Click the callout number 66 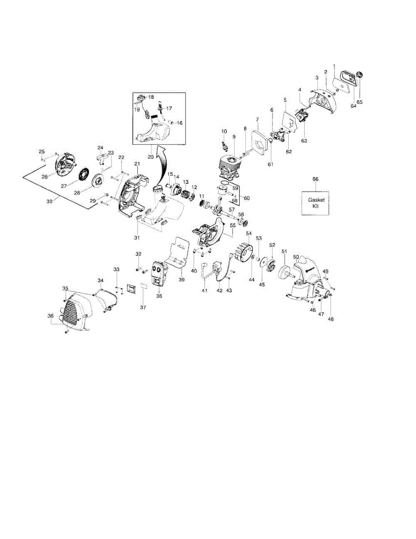tap(315, 179)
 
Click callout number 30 tap(49, 202)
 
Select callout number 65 tap(359, 102)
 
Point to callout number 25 tap(42, 151)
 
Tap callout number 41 tap(205, 291)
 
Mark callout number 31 tap(137, 237)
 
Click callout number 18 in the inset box tap(151, 97)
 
